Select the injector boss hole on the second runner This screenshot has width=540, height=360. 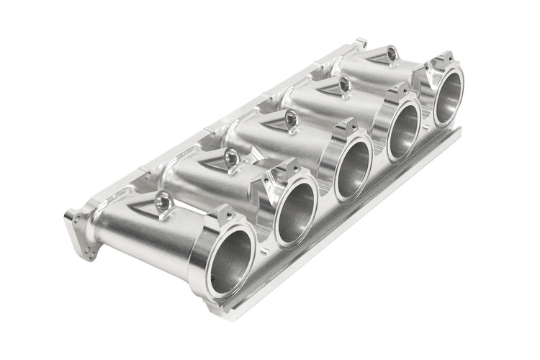click(x=231, y=157)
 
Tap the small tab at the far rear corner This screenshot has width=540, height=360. click(x=361, y=43)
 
